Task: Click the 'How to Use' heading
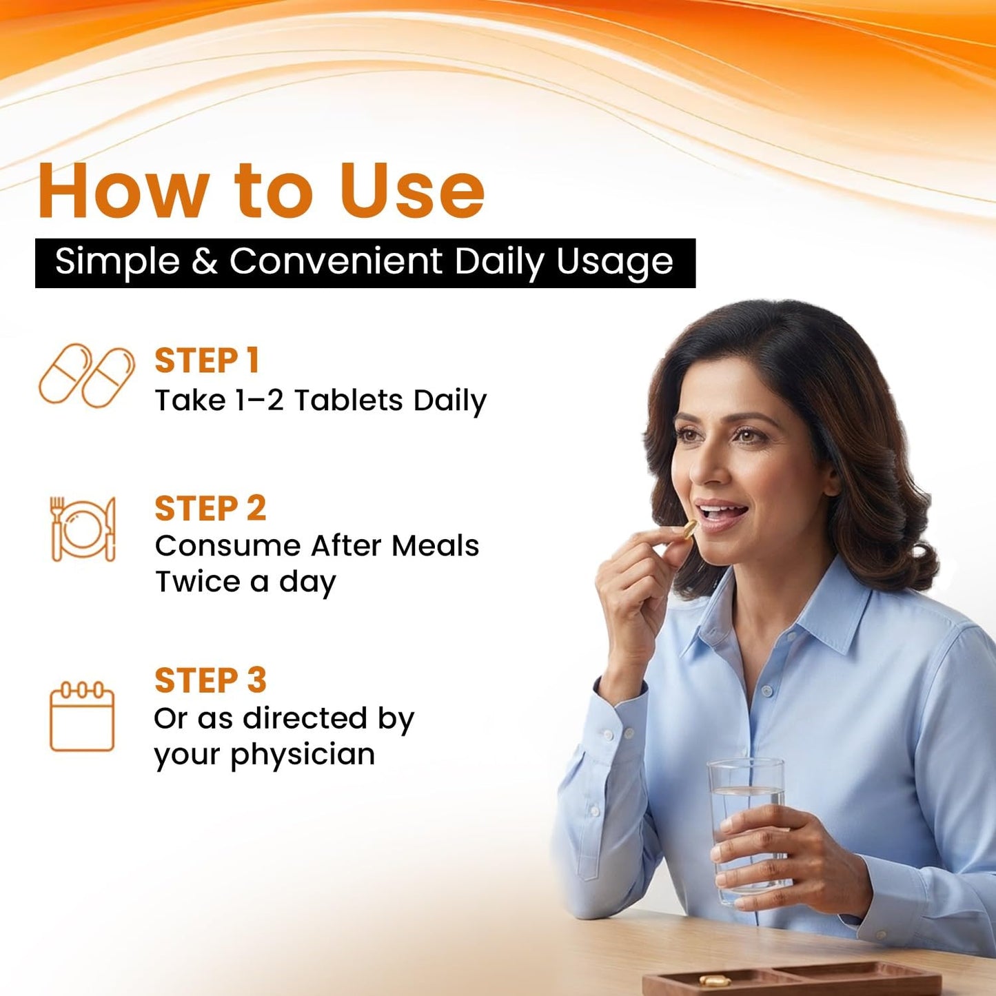261,191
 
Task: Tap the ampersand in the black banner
204,261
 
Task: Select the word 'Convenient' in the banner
336,261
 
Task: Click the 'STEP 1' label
207,360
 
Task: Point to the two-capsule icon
87,375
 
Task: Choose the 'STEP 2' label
210,509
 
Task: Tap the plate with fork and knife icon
83,529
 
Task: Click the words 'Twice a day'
245,582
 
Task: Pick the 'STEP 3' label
210,680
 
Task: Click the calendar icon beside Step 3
81,716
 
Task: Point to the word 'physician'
303,755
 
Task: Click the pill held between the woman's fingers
689,528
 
